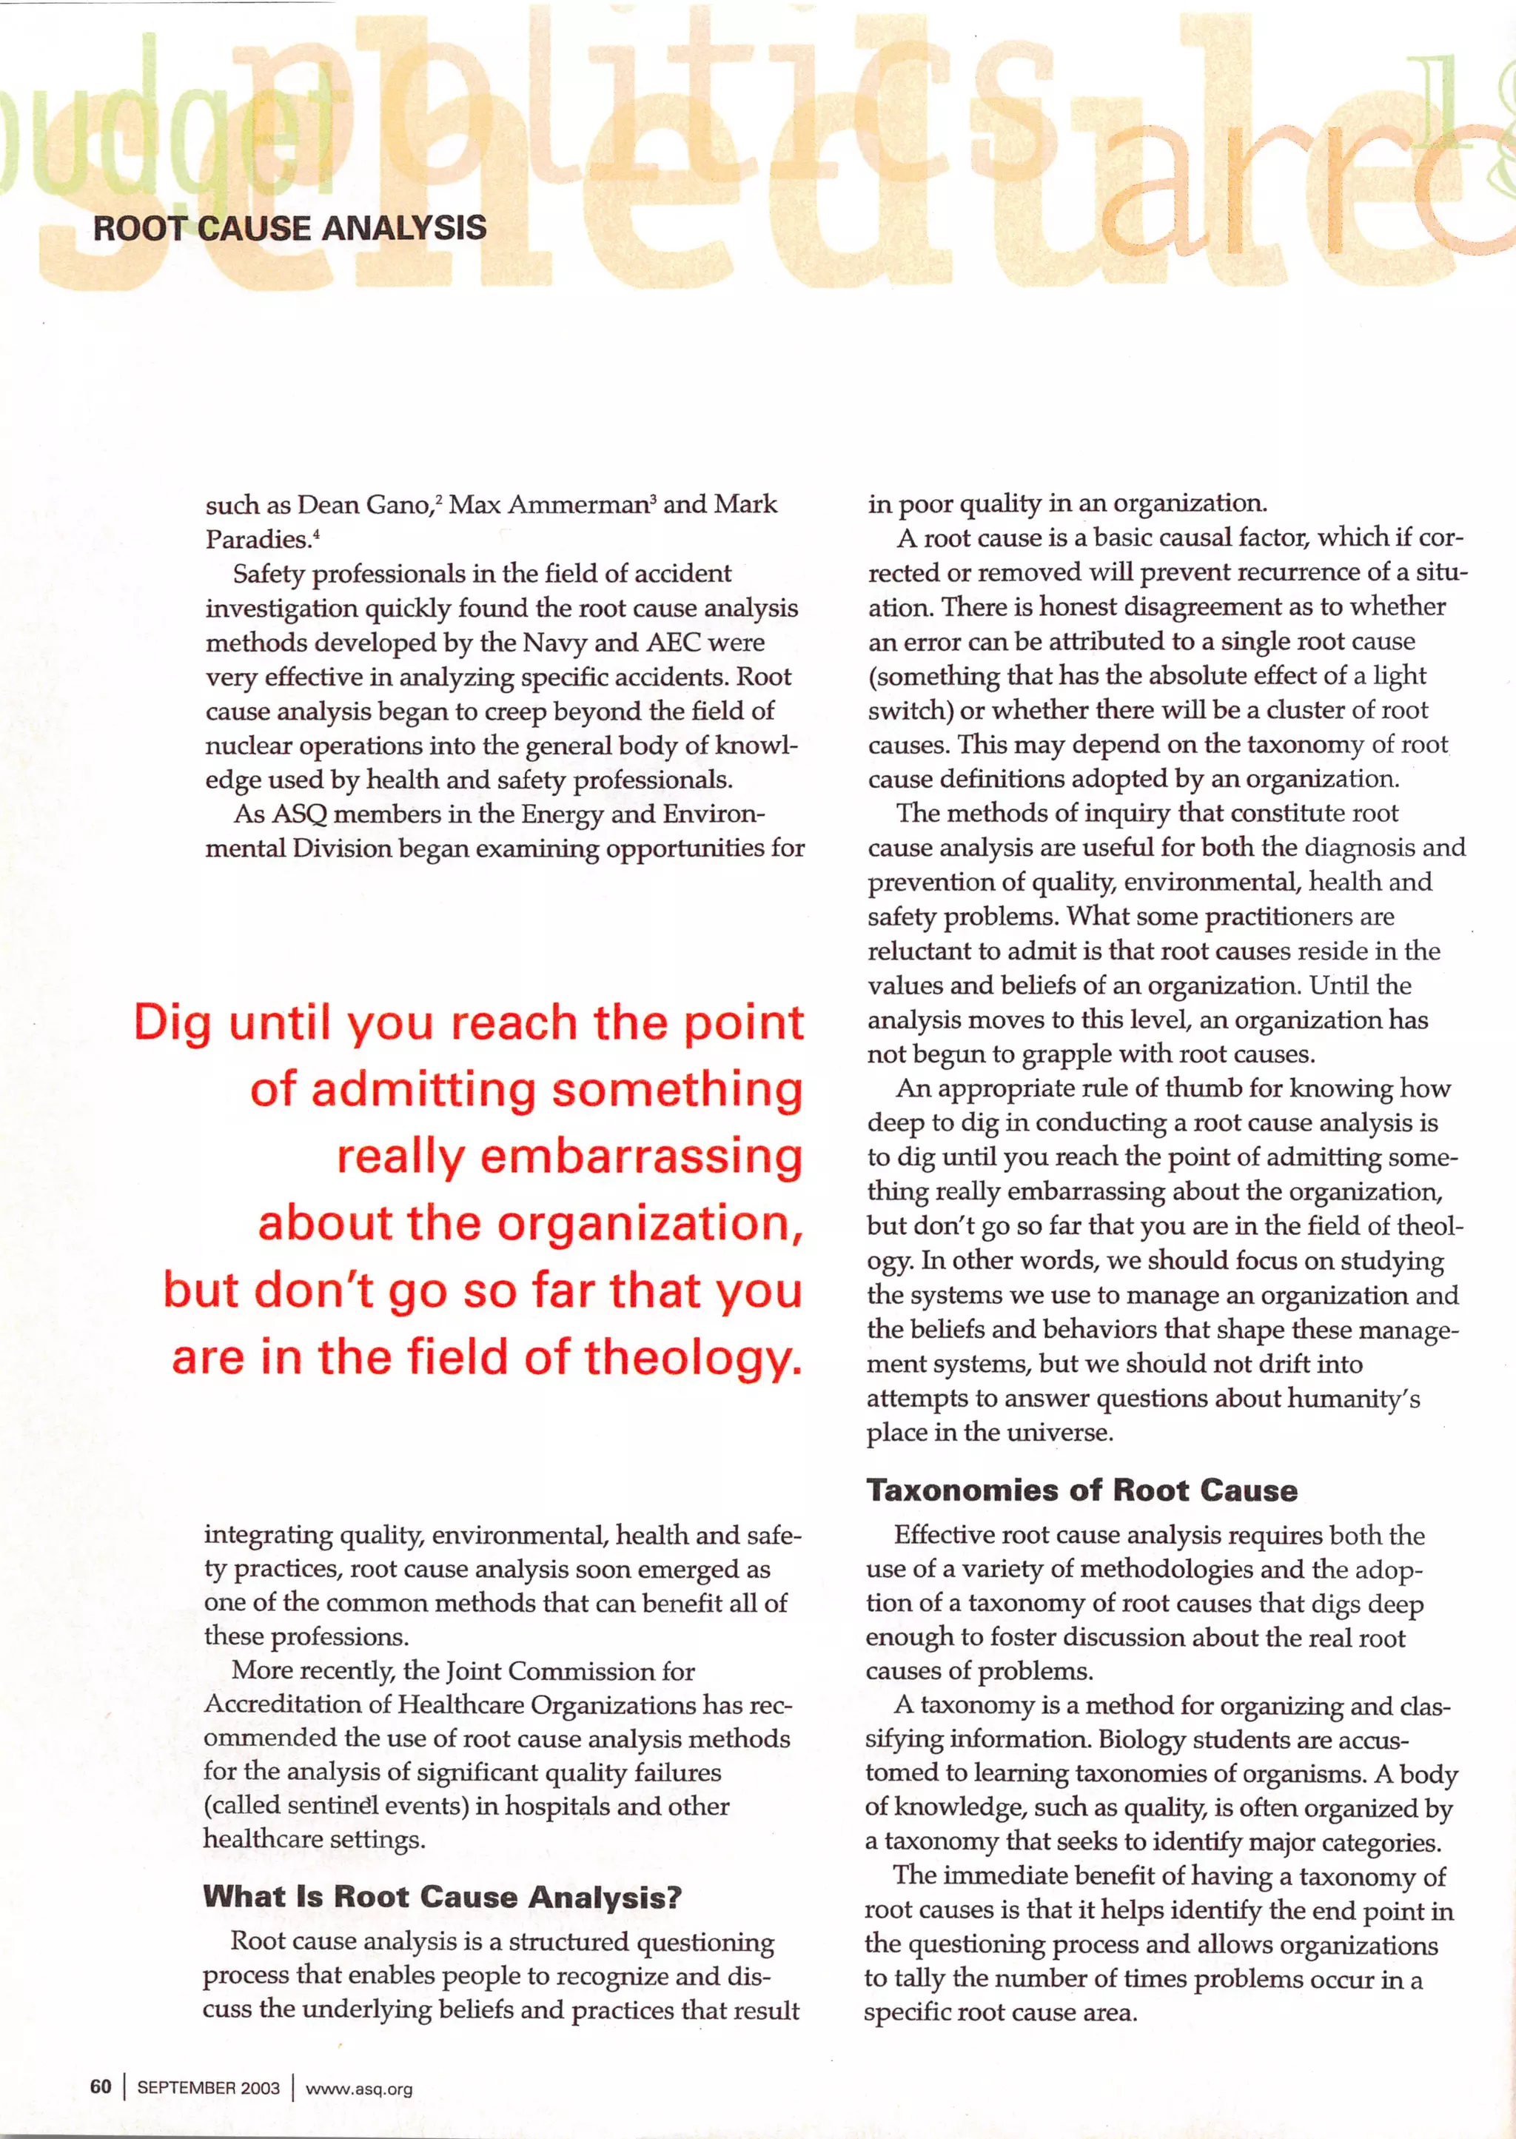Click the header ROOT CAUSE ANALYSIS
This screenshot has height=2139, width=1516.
click(x=289, y=229)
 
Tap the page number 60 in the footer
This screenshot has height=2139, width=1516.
click(x=101, y=2086)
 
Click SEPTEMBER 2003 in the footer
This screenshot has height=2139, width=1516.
click(x=208, y=2088)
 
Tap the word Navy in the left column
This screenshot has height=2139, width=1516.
click(x=554, y=643)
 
